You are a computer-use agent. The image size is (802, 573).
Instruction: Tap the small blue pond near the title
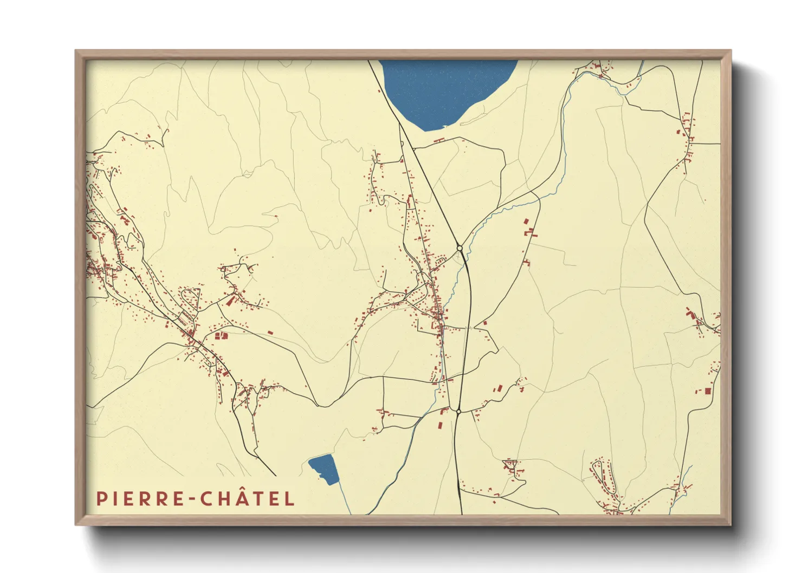coord(324,469)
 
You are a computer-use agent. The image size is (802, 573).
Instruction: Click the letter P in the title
coord(101,499)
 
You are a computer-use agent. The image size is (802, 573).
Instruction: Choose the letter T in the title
coord(256,499)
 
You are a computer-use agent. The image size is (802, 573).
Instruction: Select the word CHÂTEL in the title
coord(248,499)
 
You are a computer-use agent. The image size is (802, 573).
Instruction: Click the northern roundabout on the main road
coord(460,248)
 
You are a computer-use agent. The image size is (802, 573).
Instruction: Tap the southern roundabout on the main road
coord(458,412)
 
